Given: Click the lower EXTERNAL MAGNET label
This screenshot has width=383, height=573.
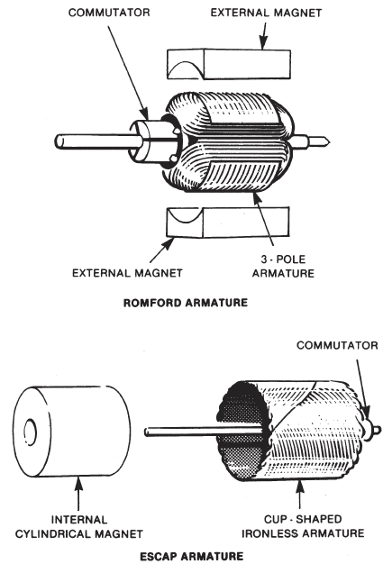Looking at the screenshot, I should click(x=133, y=271).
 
